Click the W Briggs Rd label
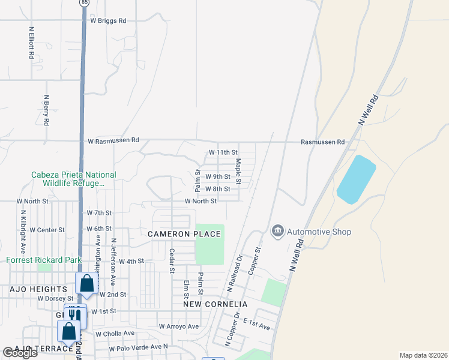click(x=108, y=20)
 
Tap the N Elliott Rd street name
click(x=31, y=41)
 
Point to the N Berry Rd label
click(x=46, y=109)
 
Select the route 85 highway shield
click(x=83, y=2)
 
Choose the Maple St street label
click(x=238, y=170)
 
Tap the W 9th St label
click(x=218, y=177)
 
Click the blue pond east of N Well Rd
click(x=356, y=179)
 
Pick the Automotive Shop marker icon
click(x=277, y=231)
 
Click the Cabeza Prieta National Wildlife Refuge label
click(x=74, y=179)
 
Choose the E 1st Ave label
click(x=256, y=325)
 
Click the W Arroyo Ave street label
click(x=178, y=326)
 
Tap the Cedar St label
click(x=171, y=261)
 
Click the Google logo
click(x=20, y=353)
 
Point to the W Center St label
click(x=46, y=230)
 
